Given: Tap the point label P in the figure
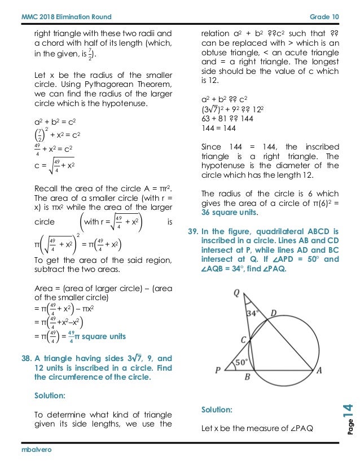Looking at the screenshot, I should (218, 370).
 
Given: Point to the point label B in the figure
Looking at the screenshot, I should (247, 377).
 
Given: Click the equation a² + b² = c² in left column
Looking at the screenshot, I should (54, 121).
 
